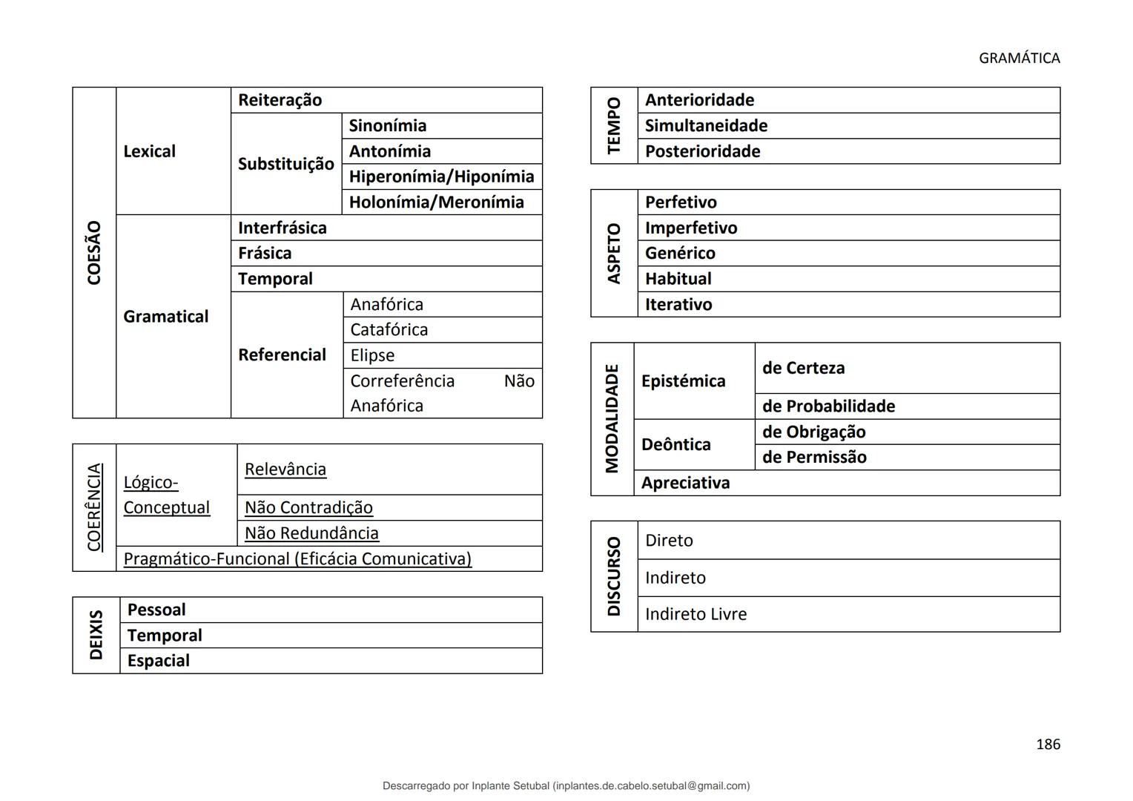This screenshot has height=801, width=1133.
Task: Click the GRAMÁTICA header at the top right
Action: pyautogui.click(x=1019, y=58)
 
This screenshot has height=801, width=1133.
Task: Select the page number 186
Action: pyautogui.click(x=1048, y=744)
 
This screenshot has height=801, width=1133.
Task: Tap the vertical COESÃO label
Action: pyautogui.click(x=94, y=252)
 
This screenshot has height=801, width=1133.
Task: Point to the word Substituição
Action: pyautogui.click(x=285, y=164)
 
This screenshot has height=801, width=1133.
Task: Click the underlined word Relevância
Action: pyautogui.click(x=285, y=469)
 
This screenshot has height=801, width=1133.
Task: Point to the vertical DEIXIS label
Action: pyautogui.click(x=96, y=635)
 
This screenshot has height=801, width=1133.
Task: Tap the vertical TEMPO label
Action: pyautogui.click(x=613, y=125)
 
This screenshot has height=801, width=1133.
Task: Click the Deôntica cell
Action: pyautogui.click(x=675, y=444)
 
